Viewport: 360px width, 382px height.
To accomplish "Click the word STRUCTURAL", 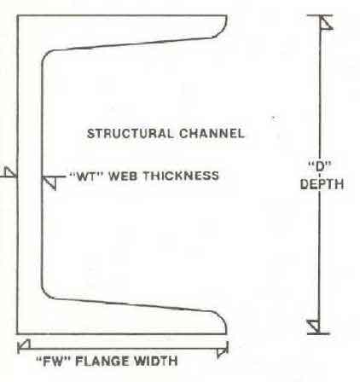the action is (130, 134).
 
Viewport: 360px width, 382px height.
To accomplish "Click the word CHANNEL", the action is (212, 134).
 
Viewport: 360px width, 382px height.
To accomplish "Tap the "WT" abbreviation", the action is (86, 176).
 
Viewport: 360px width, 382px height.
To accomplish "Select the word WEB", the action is (124, 176).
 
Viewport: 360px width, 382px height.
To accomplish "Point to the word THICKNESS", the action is (182, 176).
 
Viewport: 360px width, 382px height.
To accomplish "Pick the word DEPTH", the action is (322, 184).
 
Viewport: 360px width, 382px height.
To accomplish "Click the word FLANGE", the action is (102, 362).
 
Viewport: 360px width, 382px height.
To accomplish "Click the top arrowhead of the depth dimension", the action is (326, 22).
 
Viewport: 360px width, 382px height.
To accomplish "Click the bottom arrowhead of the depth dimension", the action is (314, 327).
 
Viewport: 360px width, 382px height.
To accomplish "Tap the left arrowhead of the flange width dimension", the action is (24, 344).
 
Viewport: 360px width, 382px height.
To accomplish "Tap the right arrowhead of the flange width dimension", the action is (222, 352).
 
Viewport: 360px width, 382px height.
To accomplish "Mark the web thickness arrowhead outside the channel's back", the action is (11, 172).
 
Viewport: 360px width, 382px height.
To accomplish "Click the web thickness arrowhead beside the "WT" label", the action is (49, 182).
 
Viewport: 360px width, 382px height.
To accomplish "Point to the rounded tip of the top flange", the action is (224, 27).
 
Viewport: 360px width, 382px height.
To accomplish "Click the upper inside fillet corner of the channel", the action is (45, 55).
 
